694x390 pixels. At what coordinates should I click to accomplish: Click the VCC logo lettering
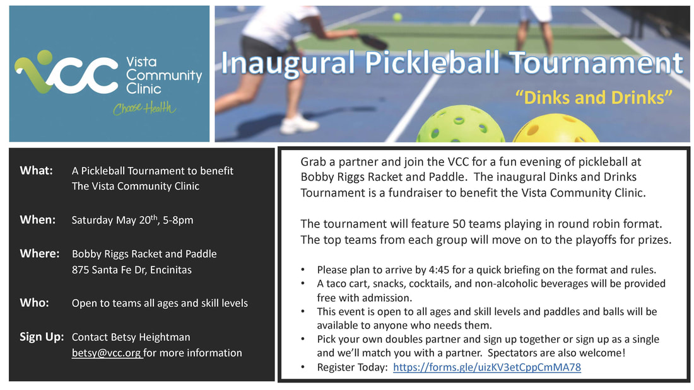click(66, 73)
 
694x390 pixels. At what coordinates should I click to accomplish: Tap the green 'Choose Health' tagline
click(144, 108)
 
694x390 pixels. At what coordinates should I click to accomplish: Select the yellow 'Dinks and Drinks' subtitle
click(594, 97)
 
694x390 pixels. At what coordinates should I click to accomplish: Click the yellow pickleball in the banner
click(556, 129)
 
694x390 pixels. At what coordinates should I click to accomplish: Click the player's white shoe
click(299, 124)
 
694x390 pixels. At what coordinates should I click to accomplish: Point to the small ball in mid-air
click(397, 17)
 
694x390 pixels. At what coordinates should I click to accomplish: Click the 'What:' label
click(37, 171)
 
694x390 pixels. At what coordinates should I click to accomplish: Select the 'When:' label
click(38, 220)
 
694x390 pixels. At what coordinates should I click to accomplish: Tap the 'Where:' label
click(39, 253)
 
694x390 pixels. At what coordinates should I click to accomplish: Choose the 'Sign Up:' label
click(42, 337)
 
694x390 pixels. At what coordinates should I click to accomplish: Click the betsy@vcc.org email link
click(107, 353)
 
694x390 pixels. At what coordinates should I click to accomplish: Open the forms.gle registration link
click(487, 367)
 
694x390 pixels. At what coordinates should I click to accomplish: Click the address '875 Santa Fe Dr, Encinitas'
click(132, 270)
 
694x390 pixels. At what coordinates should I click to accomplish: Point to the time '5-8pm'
click(178, 221)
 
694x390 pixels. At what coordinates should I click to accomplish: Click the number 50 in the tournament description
click(459, 224)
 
